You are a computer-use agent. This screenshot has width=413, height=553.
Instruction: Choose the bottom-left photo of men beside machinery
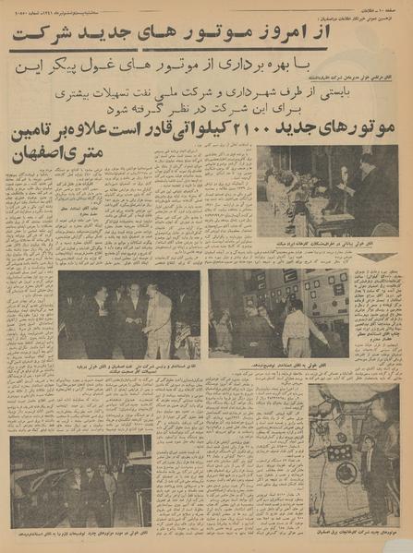pyautogui.click(x=81, y=480)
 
